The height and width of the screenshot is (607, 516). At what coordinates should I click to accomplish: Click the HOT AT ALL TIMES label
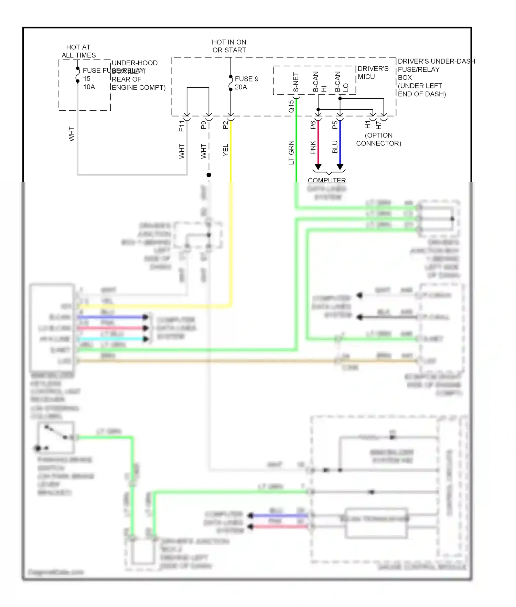[78, 51]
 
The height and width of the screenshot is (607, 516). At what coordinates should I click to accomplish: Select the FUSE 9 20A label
[246, 83]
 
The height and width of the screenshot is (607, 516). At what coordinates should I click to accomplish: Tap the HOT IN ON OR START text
[229, 46]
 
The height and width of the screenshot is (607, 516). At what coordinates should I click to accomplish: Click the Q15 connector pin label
[291, 106]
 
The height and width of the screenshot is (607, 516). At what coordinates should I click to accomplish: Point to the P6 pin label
[313, 125]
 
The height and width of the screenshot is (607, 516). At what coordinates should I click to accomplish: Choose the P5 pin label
[335, 125]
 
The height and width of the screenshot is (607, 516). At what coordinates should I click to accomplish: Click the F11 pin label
[182, 126]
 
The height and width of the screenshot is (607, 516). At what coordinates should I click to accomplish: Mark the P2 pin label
[226, 125]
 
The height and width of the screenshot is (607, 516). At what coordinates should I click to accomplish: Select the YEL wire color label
[226, 150]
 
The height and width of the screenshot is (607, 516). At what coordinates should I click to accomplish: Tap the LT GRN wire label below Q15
[291, 152]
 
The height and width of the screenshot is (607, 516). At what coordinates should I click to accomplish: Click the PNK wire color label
[313, 148]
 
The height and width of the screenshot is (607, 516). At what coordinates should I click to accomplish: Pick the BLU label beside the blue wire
[335, 147]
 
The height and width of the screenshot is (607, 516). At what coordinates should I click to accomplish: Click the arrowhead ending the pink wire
[318, 167]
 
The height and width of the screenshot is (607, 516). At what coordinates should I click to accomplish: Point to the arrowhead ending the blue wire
[340, 167]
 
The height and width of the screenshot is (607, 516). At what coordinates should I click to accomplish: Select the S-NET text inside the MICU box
[296, 83]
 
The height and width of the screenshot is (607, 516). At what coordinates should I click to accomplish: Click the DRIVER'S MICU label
[373, 73]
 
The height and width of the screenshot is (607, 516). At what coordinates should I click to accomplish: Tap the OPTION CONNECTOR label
[378, 139]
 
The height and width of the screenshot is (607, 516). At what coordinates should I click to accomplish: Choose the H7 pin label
[378, 125]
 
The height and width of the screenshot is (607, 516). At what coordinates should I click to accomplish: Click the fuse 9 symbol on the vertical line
[230, 83]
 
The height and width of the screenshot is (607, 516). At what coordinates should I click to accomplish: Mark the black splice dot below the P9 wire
[209, 175]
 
